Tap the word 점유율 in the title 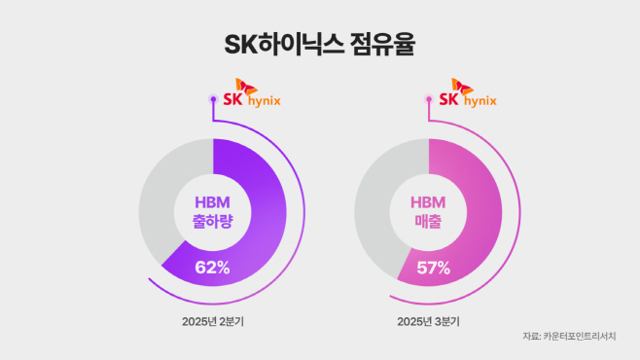click(x=387, y=45)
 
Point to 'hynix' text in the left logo click(x=261, y=101)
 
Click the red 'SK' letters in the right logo click(x=449, y=99)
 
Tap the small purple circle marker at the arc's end click(x=213, y=98)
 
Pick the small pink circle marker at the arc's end click(x=429, y=98)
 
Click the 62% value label click(x=212, y=268)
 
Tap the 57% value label click(x=428, y=268)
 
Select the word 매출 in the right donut click(x=428, y=222)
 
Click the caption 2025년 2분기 click(x=212, y=320)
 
